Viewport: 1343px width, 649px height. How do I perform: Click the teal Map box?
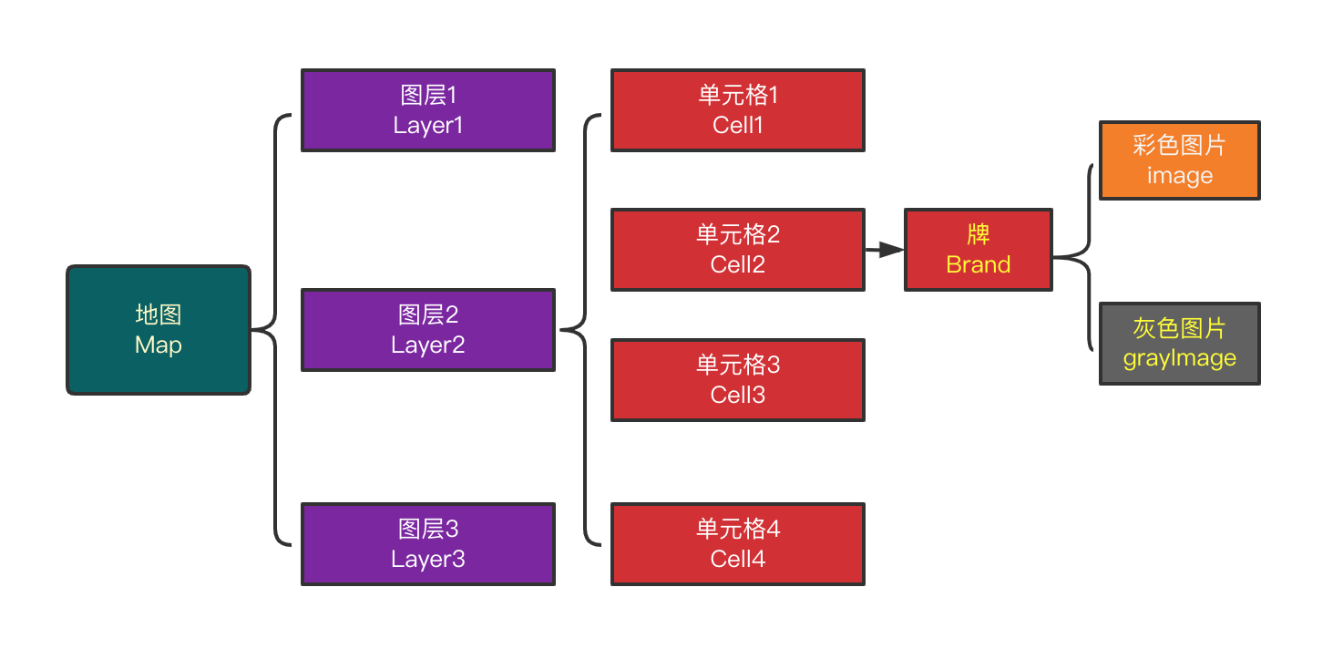(159, 330)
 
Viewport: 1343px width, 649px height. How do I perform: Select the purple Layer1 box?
(428, 110)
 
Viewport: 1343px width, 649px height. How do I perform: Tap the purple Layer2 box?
(428, 330)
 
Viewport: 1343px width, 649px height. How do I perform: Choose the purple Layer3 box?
(428, 544)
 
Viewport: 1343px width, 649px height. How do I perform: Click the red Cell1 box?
(738, 110)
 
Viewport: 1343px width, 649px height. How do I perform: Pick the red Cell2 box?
(738, 250)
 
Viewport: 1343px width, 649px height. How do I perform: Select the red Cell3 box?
(738, 380)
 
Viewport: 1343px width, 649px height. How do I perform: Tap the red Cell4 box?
(738, 544)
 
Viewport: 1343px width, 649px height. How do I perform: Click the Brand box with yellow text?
(979, 250)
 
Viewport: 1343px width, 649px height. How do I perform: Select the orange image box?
(1180, 160)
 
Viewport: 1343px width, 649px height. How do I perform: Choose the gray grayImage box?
(1180, 344)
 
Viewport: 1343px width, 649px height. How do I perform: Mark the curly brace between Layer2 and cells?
(584, 330)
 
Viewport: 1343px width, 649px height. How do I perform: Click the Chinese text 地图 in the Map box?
(159, 314)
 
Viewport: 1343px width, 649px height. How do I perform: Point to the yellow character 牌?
(979, 234)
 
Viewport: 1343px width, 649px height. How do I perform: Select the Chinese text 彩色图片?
(1180, 145)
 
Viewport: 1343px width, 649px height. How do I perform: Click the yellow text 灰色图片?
(1180, 328)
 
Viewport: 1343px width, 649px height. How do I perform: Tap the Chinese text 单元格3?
(738, 365)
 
